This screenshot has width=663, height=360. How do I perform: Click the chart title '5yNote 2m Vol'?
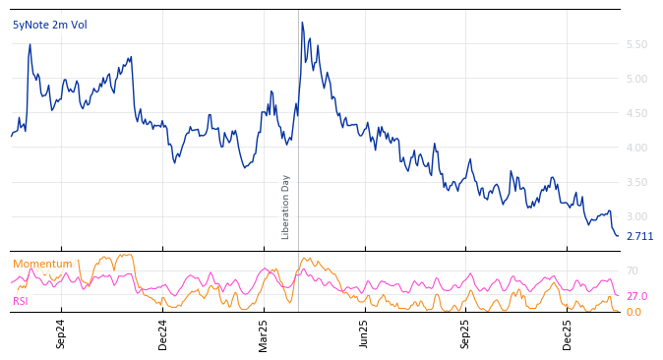point(49,25)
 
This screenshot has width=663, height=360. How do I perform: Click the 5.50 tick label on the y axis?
point(636,44)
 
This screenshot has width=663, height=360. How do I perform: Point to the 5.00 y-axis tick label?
point(636,79)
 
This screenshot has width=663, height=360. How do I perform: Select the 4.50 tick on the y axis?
point(636,113)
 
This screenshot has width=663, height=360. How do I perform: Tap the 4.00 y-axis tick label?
point(636,148)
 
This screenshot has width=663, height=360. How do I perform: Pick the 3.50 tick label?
point(636,182)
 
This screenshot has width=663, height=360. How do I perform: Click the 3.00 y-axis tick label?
point(636,216)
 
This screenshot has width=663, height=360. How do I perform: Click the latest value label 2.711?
point(639,237)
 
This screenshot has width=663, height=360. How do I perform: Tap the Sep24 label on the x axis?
point(61,333)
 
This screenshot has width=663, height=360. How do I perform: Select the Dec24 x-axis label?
point(163,333)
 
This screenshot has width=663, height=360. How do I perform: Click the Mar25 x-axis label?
point(264,333)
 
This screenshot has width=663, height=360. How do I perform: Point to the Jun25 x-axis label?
point(365,333)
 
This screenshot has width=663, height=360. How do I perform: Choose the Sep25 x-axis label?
point(466,333)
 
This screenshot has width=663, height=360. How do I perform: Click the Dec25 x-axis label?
point(568,333)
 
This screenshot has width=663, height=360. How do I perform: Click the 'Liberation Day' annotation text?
point(286,207)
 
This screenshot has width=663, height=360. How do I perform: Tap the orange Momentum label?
point(42,264)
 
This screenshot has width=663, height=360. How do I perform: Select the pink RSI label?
point(21,301)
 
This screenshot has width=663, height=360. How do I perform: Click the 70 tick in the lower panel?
point(633,270)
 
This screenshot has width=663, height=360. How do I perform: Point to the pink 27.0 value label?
point(636,296)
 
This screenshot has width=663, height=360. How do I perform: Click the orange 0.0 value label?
point(633,312)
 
